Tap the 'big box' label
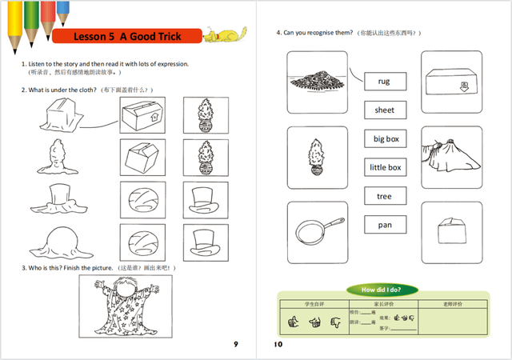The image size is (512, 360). (x=386, y=139)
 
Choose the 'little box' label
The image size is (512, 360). (x=386, y=167)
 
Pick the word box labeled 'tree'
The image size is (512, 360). (x=385, y=196)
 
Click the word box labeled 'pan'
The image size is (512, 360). (x=385, y=225)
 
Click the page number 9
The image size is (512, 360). (x=235, y=344)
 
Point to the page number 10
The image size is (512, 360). (x=278, y=344)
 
